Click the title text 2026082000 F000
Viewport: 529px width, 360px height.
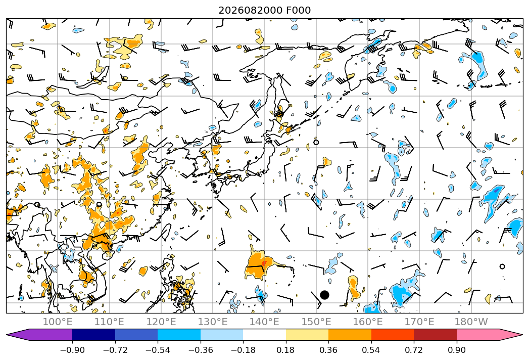coord(265,10)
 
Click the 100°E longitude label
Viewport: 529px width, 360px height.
coord(58,322)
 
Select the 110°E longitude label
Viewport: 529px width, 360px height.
coord(109,322)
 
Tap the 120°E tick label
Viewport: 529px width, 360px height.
coord(161,322)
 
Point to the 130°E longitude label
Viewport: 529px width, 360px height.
coord(213,322)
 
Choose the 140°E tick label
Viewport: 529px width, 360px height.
coord(264,322)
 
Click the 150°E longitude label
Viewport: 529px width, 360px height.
coord(316,322)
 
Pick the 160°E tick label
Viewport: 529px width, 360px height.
coord(368,322)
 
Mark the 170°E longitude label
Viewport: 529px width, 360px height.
coord(419,322)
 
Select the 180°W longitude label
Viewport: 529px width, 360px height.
coord(471,322)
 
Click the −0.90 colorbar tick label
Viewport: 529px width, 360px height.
coord(72,350)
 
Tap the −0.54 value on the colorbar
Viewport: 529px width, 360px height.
coord(158,350)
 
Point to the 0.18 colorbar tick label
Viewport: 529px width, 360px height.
coord(285,350)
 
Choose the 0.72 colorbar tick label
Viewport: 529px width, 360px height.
coord(414,350)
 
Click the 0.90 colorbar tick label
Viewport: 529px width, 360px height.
coord(456,350)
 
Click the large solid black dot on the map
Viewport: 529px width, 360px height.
coord(324,295)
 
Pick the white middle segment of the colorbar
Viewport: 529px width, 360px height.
coord(265,334)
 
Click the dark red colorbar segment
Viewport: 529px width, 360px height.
coord(435,334)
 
